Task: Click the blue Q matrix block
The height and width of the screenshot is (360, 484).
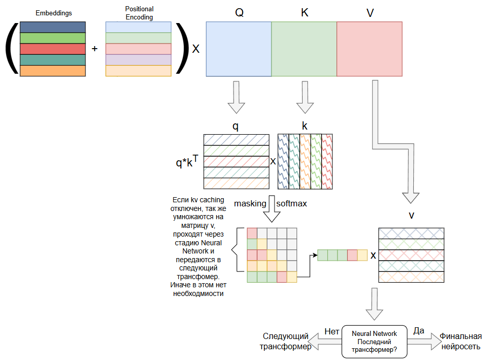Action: pyautogui.click(x=238, y=49)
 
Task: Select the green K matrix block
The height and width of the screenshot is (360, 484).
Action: pyautogui.click(x=304, y=49)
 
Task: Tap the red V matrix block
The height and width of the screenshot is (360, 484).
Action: pyautogui.click(x=369, y=49)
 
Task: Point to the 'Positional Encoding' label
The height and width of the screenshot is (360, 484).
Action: pyautogui.click(x=139, y=12)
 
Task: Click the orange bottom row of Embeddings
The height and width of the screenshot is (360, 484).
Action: pyautogui.click(x=53, y=71)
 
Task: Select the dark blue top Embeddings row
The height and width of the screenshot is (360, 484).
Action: pyautogui.click(x=53, y=27)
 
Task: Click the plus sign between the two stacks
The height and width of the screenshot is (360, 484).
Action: pyautogui.click(x=95, y=49)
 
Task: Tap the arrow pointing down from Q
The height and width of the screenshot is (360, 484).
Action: pyautogui.click(x=236, y=97)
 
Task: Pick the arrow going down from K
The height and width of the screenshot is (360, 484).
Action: pyautogui.click(x=305, y=97)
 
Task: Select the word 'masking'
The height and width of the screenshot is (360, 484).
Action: pyautogui.click(x=250, y=204)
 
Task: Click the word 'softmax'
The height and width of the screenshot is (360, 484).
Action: pyautogui.click(x=291, y=204)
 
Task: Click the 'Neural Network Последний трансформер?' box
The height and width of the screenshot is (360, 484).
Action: pyautogui.click(x=374, y=341)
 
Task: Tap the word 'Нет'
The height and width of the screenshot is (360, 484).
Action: pyautogui.click(x=332, y=331)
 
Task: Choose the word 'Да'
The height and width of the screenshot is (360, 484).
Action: pyautogui.click(x=418, y=331)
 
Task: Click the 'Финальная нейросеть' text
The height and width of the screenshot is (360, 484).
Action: pyautogui.click(x=461, y=342)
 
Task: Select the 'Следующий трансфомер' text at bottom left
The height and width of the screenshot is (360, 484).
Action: pyautogui.click(x=286, y=342)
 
